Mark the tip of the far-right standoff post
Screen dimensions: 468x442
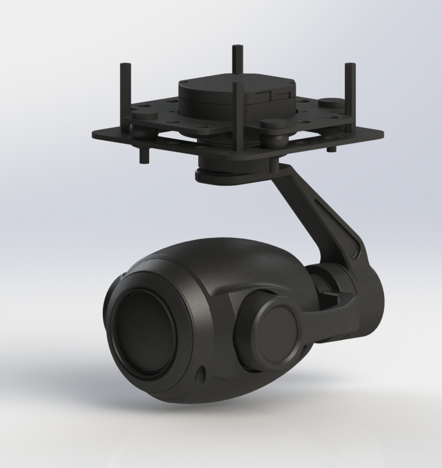[x=349, y=66]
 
